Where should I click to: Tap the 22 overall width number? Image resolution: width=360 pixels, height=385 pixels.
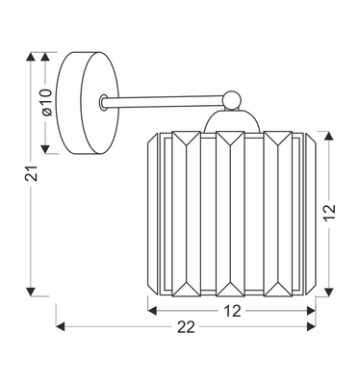186,327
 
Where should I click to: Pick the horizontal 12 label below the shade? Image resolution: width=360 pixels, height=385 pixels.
232,310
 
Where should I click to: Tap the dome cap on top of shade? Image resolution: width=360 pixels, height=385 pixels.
231,119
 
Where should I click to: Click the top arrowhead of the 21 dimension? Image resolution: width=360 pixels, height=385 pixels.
33,57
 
